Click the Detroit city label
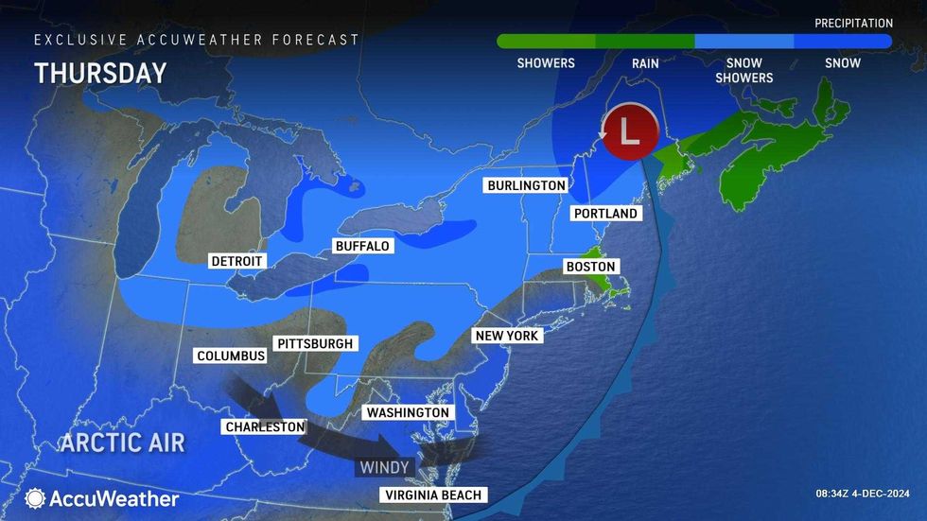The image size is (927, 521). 236,260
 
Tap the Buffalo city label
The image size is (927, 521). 362,246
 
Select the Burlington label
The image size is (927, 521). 526,185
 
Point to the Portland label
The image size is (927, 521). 605,214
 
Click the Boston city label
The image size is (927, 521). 590,267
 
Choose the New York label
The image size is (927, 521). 507,336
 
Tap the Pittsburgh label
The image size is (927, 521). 315,343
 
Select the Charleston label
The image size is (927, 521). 265,426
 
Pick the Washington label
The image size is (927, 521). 408,413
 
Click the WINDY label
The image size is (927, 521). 384,467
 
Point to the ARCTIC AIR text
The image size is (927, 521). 124,443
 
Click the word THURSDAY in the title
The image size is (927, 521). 100,74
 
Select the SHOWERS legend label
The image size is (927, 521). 546,63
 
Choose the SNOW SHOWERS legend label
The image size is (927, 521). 745,70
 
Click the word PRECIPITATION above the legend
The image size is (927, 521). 853,23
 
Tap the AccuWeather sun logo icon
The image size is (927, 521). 36,498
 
